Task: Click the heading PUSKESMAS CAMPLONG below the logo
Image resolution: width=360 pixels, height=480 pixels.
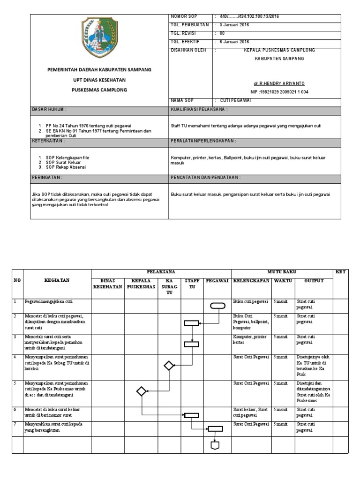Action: pos(99,90)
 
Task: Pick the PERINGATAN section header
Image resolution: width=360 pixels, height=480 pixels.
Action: pos(47,178)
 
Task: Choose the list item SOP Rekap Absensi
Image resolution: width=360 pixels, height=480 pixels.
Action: pos(66,167)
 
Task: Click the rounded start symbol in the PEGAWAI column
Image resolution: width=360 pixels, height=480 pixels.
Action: pos(217,306)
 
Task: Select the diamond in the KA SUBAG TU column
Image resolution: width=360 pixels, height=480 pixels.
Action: pos(169,366)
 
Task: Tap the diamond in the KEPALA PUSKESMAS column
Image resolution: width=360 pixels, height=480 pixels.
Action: pos(141,391)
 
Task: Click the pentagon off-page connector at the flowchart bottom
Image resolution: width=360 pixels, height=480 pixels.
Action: pos(215,445)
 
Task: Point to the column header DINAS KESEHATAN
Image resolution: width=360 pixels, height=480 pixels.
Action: pos(107,284)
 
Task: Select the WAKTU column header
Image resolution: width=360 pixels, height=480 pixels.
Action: pos(283,280)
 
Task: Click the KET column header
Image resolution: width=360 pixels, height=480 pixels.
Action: pos(340,272)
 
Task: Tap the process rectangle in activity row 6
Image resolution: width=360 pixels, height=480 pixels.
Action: pos(191,415)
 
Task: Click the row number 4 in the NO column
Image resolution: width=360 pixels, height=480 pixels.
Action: pos(15,357)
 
